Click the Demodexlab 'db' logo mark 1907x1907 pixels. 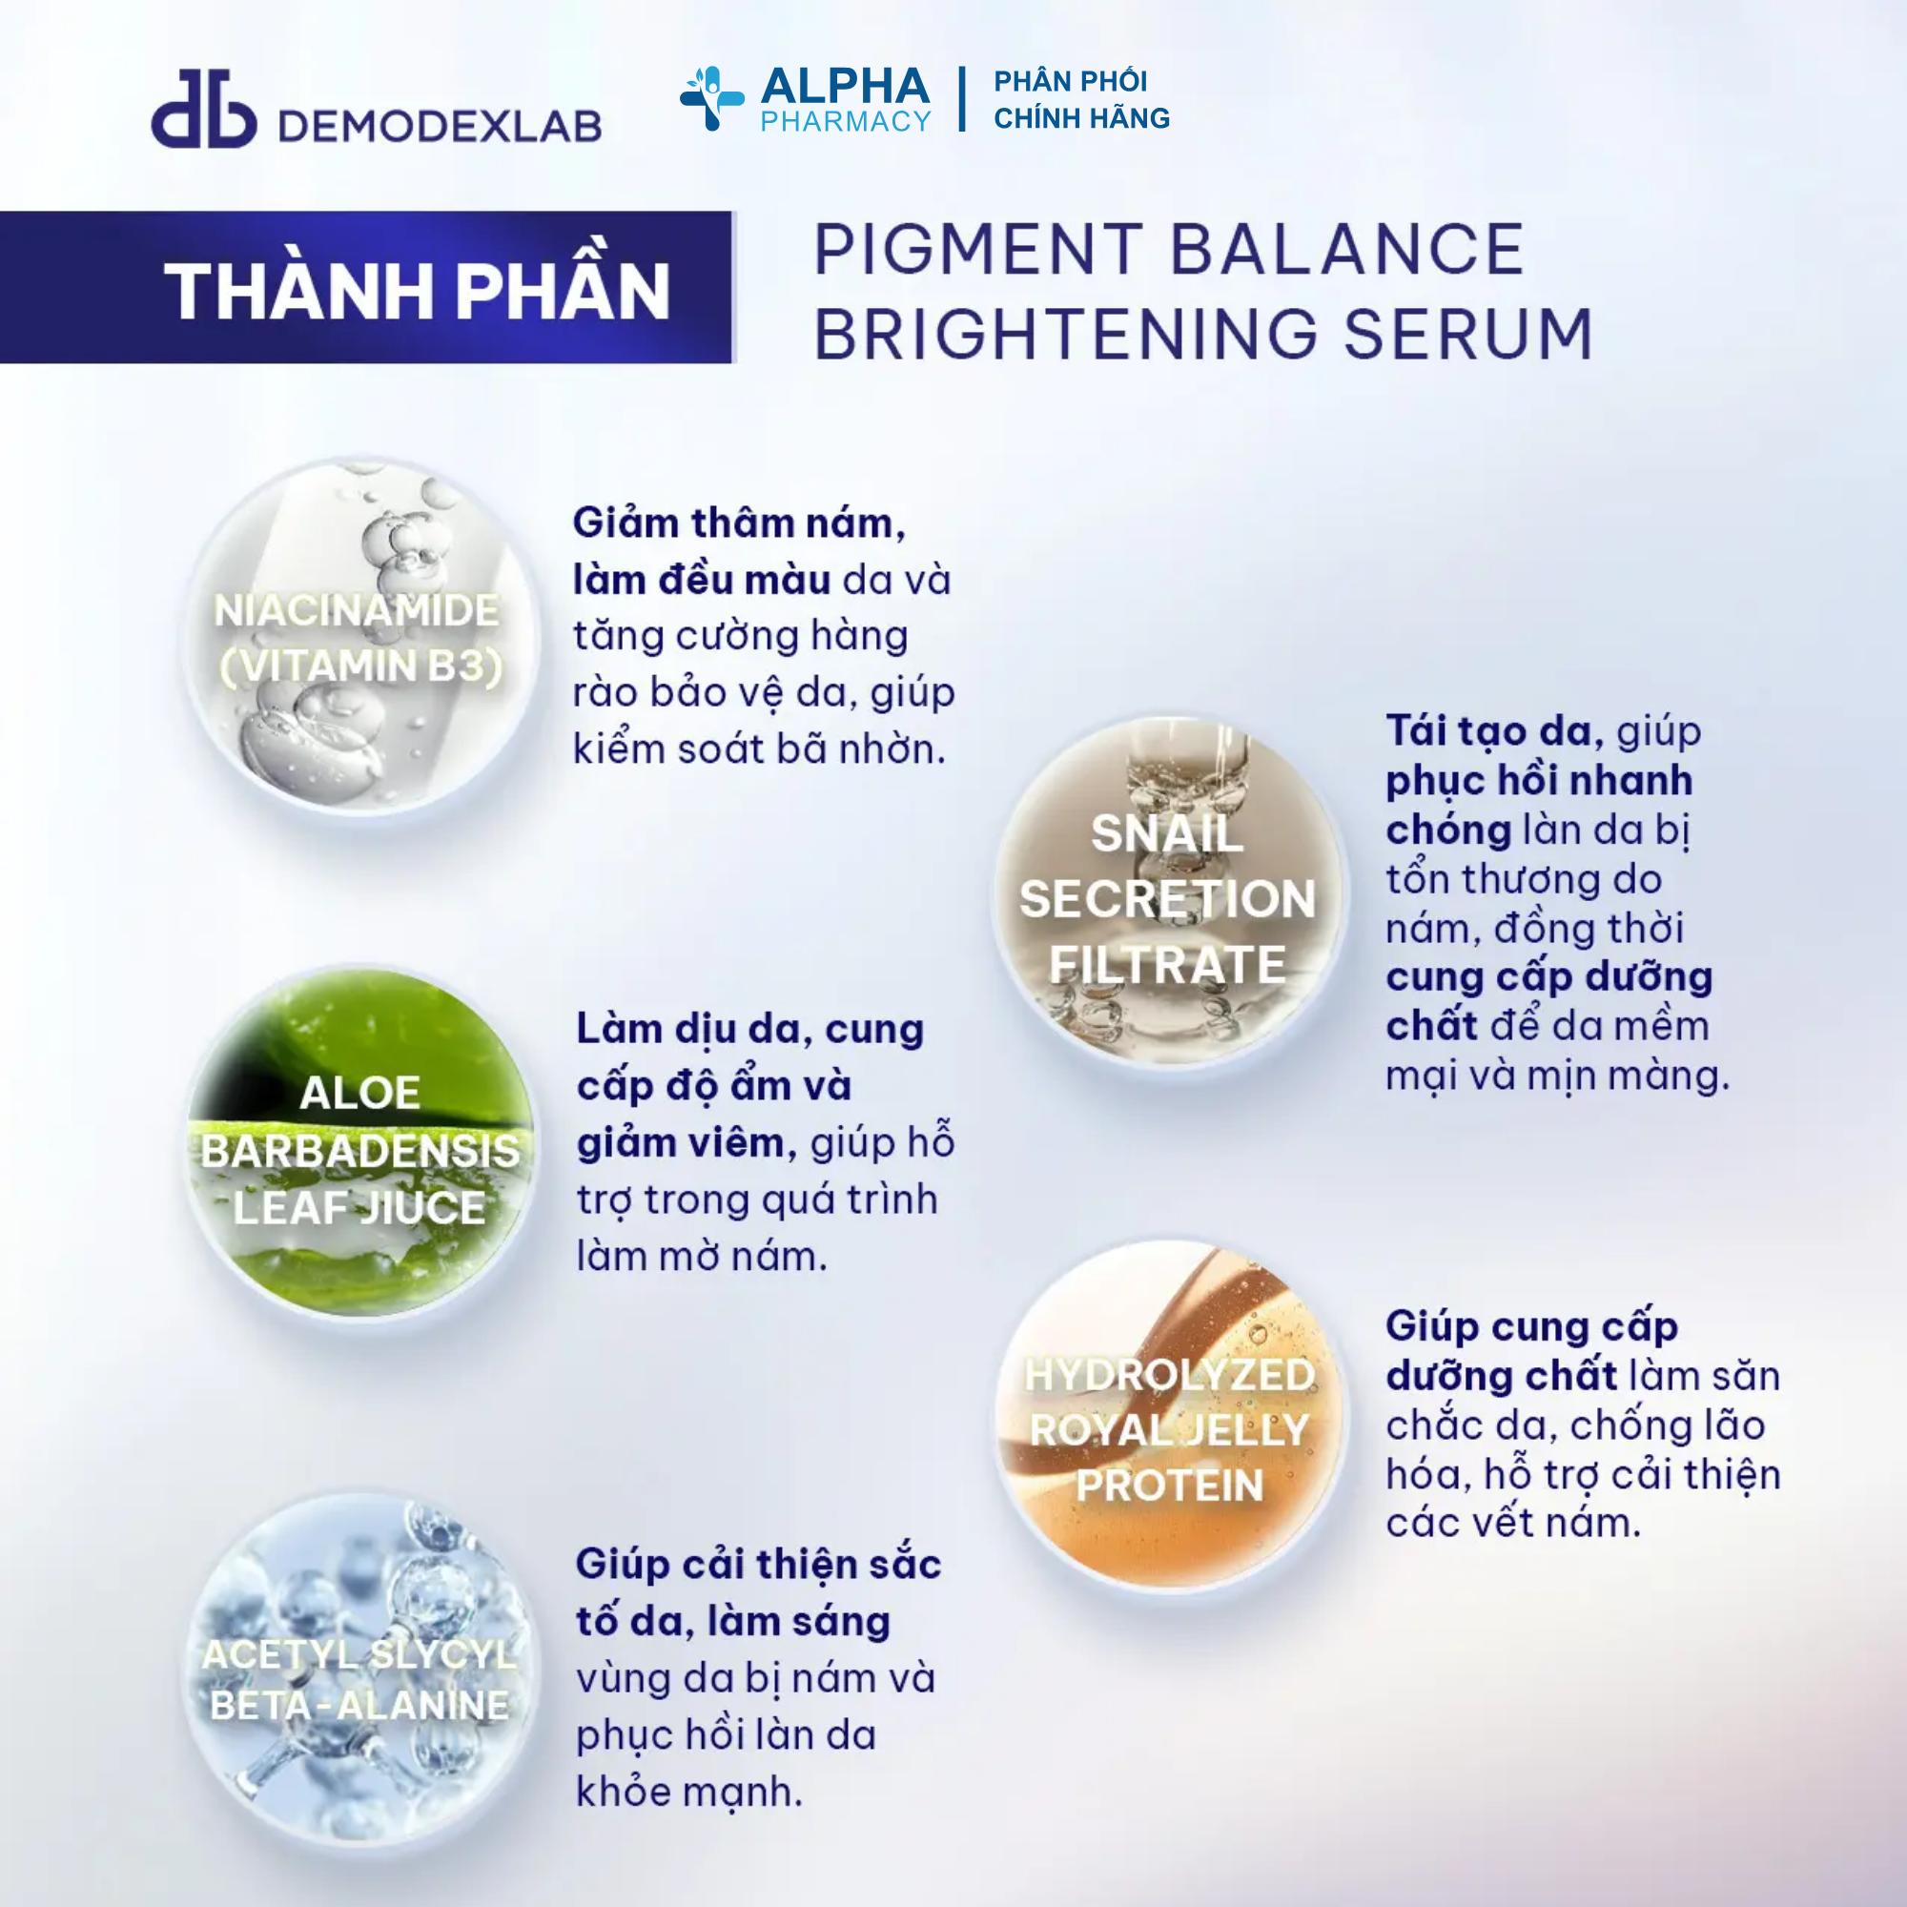pos(203,109)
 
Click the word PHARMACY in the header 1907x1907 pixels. pos(846,120)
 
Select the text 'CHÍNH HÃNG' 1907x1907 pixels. pos(1082,117)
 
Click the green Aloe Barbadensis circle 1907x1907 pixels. pos(361,1149)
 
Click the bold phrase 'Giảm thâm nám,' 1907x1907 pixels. pos(738,523)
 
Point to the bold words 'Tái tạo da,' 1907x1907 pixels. pos(1494,731)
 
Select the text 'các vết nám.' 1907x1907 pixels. pos(1513,1522)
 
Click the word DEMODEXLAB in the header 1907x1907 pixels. pos(441,125)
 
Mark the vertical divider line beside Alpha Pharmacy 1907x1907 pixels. pos(961,99)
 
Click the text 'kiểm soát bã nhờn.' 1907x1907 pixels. pos(759,749)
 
